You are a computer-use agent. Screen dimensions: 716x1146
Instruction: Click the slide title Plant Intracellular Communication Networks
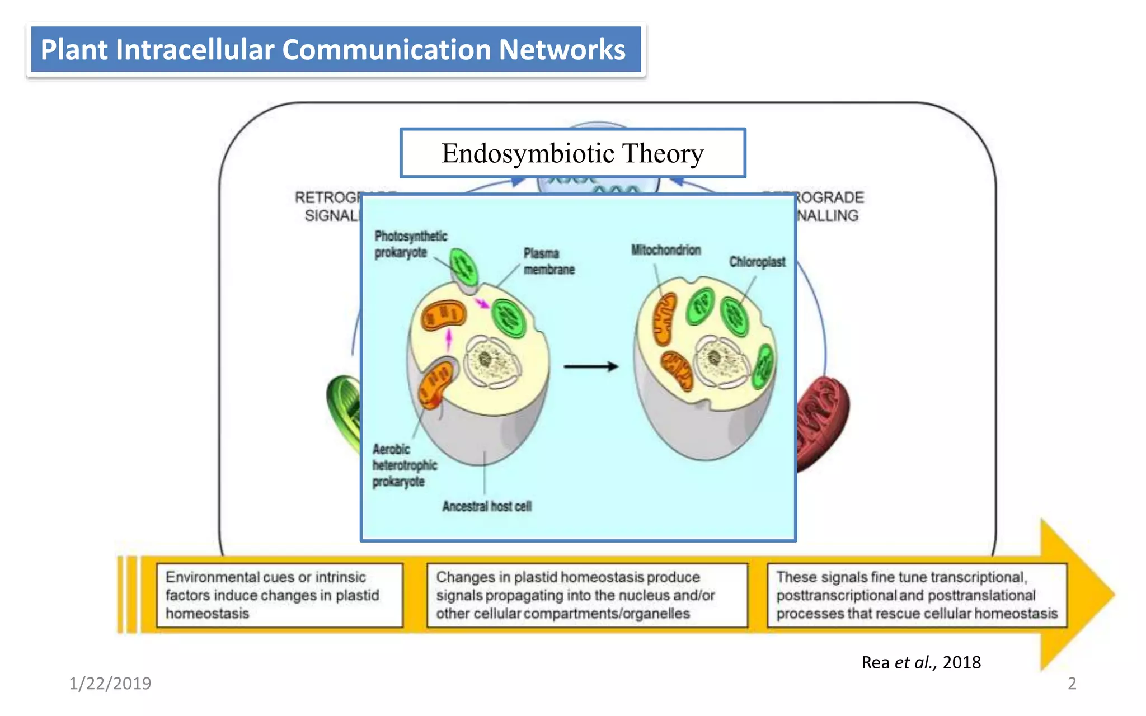pyautogui.click(x=334, y=49)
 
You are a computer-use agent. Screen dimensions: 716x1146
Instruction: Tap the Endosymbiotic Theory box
pyautogui.click(x=572, y=153)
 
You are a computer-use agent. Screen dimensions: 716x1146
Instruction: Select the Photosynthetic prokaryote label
pyautogui.click(x=410, y=244)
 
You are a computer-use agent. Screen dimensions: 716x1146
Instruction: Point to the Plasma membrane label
pyautogui.click(x=548, y=261)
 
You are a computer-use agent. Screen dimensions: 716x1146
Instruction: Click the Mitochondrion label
pyautogui.click(x=666, y=250)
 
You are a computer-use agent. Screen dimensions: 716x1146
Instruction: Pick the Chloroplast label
pyautogui.click(x=757, y=262)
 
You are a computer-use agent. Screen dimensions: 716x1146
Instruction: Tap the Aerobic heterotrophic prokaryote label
pyautogui.click(x=404, y=465)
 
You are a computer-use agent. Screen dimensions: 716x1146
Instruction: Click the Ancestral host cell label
pyautogui.click(x=486, y=506)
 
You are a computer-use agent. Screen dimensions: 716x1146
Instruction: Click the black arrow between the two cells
pyautogui.click(x=590, y=366)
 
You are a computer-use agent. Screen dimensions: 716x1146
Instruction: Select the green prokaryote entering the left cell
pyautogui.click(x=464, y=268)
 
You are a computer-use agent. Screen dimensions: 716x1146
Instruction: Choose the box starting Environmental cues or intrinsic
pyautogui.click(x=280, y=595)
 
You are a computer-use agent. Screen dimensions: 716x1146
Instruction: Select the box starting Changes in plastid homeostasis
pyautogui.click(x=586, y=595)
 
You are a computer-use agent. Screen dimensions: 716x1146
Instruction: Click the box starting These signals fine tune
pyautogui.click(x=917, y=595)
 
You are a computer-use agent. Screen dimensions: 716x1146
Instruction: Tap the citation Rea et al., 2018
pyautogui.click(x=920, y=662)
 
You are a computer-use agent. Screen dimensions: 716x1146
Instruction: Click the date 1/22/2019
pyautogui.click(x=110, y=683)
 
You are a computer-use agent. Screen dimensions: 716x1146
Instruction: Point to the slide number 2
pyautogui.click(x=1072, y=683)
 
